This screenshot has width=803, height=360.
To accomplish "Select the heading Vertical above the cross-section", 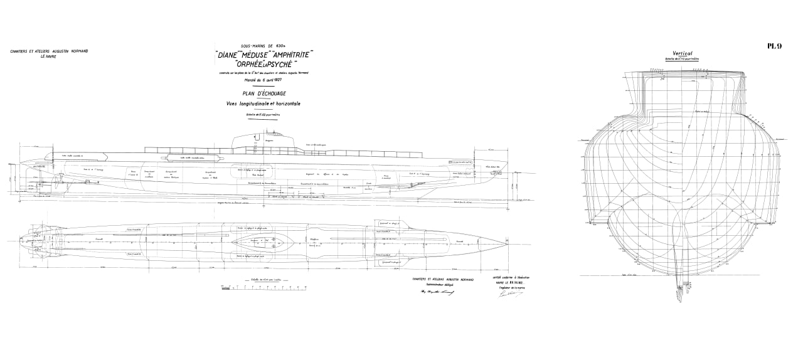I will [681, 54].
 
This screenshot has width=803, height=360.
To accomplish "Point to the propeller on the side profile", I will [57, 183].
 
